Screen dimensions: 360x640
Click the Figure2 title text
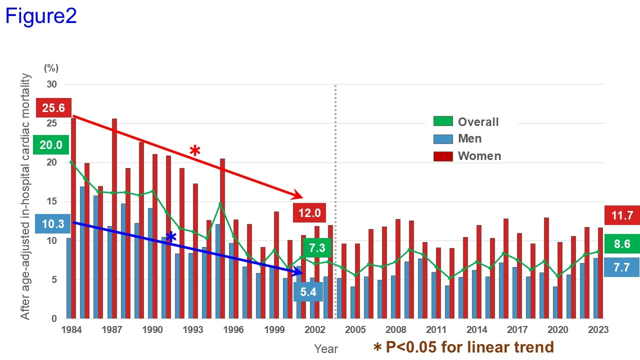coord(41,16)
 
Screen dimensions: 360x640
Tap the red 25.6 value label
coord(54,107)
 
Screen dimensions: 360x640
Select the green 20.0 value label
coord(50,145)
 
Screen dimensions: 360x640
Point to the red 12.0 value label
coord(309,212)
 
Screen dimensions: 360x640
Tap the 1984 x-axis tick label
coord(73,329)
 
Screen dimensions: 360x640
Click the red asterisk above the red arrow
coord(194,150)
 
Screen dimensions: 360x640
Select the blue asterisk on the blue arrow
coord(171,237)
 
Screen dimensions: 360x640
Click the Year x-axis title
coord(326,348)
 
